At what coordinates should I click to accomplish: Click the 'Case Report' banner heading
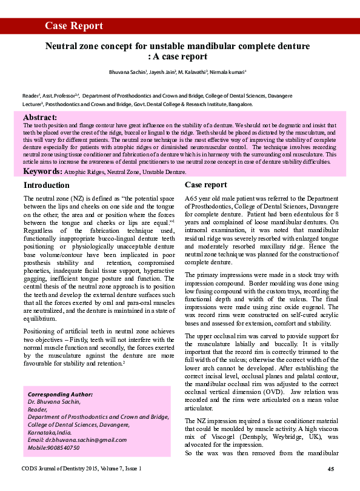(x=74, y=25)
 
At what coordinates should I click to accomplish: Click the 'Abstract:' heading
(x=40, y=116)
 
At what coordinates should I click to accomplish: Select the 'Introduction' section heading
(x=46, y=185)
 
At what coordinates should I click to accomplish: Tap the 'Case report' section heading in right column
(x=206, y=185)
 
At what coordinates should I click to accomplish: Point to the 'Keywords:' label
(x=42, y=172)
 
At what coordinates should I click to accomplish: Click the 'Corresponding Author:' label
(x=57, y=394)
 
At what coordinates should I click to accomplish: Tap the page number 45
(x=331, y=469)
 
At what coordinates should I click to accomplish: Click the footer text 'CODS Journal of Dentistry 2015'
(x=64, y=469)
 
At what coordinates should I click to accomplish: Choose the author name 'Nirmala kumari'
(x=227, y=72)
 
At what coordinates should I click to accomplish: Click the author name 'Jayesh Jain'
(x=162, y=72)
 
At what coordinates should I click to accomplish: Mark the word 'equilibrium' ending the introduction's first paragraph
(x=39, y=317)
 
